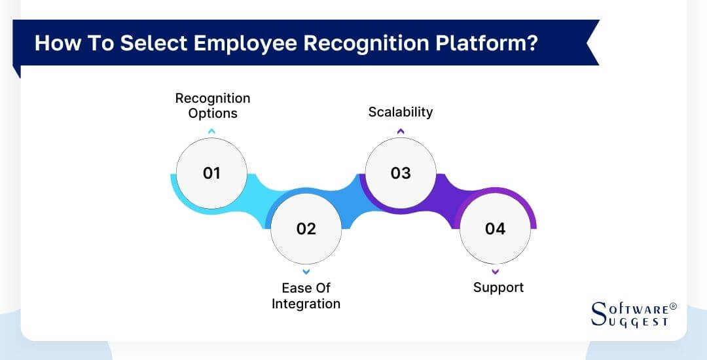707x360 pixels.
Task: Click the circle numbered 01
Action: coord(211,173)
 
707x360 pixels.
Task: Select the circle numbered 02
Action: coord(306,228)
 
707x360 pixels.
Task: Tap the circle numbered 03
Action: coord(400,173)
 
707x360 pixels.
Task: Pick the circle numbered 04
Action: coord(495,228)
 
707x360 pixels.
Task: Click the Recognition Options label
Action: coord(212,105)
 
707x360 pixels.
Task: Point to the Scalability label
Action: coord(400,112)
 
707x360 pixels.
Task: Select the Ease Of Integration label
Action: coord(306,296)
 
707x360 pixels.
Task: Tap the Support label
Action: coord(498,287)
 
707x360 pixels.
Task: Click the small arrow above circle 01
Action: coord(211,132)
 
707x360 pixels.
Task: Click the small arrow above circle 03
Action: coord(401,132)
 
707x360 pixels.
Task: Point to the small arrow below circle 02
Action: coord(306,271)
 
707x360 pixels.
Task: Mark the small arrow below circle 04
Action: coord(495,271)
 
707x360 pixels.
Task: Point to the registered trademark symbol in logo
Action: coord(673,306)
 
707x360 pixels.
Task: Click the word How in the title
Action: coord(53,43)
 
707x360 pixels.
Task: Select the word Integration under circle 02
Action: coord(306,304)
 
